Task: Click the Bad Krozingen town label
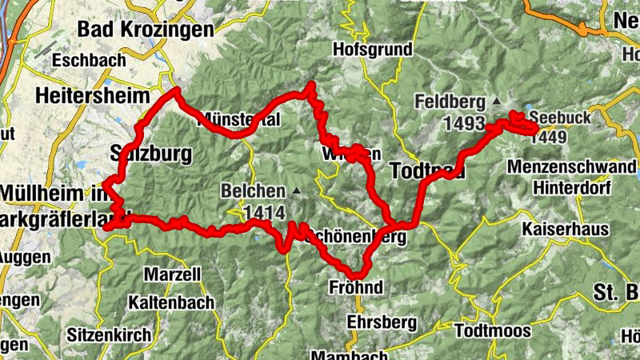146,30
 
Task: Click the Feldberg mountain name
450,102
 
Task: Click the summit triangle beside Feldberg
496,102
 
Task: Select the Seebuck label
559,118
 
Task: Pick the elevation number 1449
547,137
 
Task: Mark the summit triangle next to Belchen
297,191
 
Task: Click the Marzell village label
172,274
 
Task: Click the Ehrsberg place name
382,322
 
